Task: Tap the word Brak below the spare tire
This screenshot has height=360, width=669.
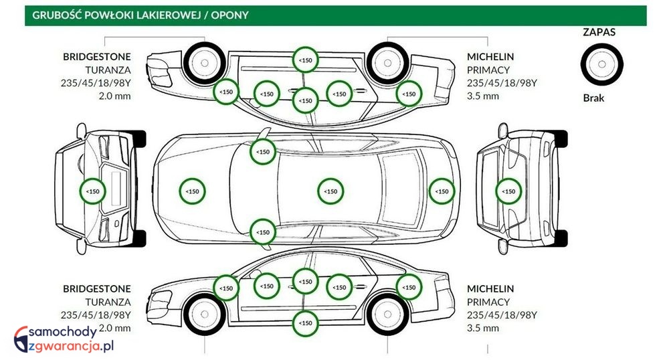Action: click(x=593, y=98)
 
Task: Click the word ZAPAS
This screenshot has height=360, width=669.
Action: click(x=599, y=31)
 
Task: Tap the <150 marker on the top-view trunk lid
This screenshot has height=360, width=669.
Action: click(x=442, y=191)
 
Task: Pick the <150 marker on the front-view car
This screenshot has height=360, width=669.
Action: click(x=92, y=191)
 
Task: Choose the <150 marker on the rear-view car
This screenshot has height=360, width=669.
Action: click(x=508, y=191)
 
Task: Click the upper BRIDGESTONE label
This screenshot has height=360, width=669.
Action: click(x=97, y=57)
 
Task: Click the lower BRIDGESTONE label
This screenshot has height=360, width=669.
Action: click(x=97, y=289)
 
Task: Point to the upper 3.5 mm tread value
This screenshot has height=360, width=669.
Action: click(x=482, y=96)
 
